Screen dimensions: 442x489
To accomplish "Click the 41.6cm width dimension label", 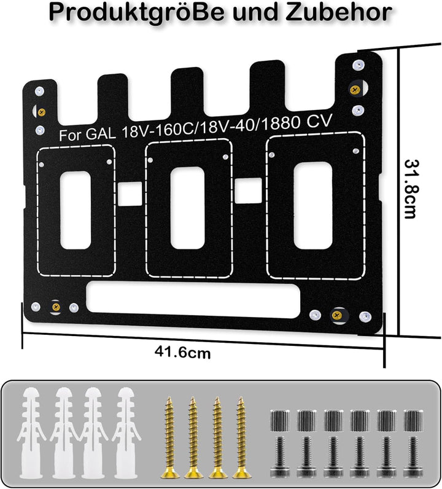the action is tap(183, 353).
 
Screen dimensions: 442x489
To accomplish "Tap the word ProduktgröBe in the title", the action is tap(136, 13).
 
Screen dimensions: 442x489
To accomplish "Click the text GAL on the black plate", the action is tap(101, 133).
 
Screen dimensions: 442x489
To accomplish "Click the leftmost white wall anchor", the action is tap(31, 433).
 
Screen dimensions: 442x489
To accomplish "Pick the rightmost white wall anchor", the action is tap(126, 433).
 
